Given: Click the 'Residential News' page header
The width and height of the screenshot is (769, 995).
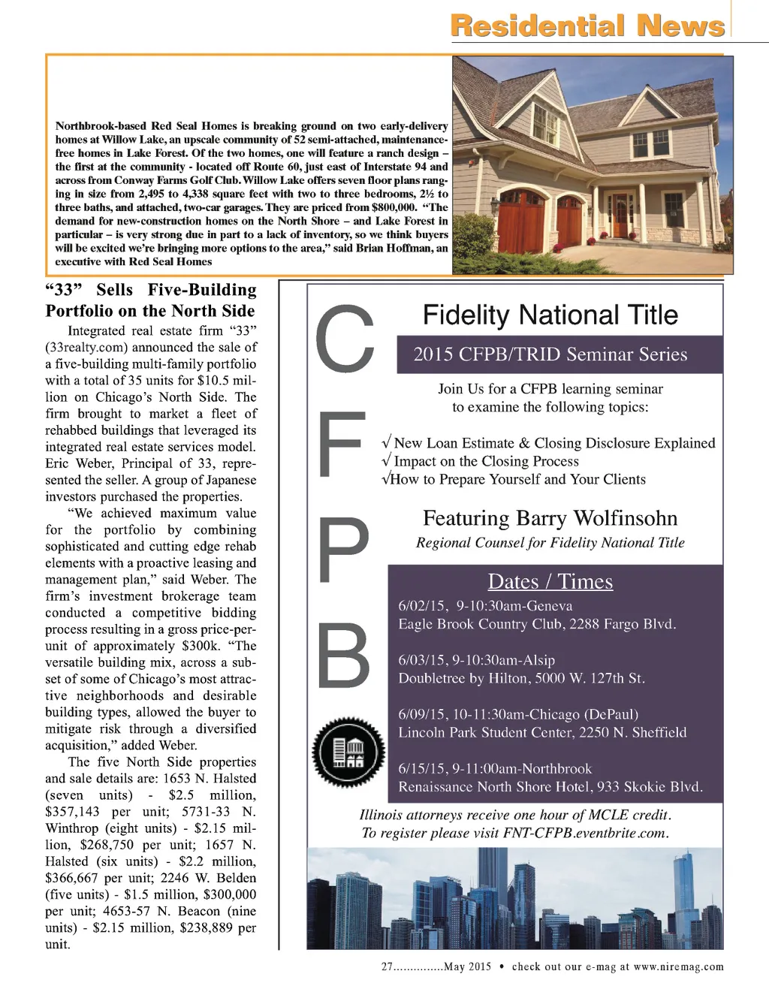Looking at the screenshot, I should click(587, 26).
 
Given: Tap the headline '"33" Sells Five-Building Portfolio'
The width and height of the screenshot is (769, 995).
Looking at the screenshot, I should click(150, 300).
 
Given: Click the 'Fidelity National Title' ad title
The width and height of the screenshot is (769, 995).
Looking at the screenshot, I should click(550, 315).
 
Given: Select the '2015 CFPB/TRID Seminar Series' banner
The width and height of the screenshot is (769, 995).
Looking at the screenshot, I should click(550, 354).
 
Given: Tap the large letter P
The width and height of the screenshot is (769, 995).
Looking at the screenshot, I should click(344, 550).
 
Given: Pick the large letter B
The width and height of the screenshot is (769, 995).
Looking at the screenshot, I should click(344, 656).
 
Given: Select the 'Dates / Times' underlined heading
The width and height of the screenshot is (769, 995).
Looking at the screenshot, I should click(550, 582).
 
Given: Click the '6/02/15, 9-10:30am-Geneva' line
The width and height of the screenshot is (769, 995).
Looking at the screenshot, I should click(485, 606).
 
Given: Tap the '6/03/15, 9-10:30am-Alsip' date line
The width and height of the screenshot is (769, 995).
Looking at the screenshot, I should click(477, 660).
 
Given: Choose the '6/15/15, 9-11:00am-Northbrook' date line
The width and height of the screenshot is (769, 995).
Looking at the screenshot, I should click(495, 769).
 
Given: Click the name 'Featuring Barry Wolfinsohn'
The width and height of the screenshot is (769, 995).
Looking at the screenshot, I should click(550, 518).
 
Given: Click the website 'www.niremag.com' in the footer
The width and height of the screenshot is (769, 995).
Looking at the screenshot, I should click(678, 967).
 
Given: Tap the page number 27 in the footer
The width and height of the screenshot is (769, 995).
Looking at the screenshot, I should click(388, 967).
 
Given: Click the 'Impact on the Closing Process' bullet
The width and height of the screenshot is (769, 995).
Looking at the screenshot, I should click(487, 461).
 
